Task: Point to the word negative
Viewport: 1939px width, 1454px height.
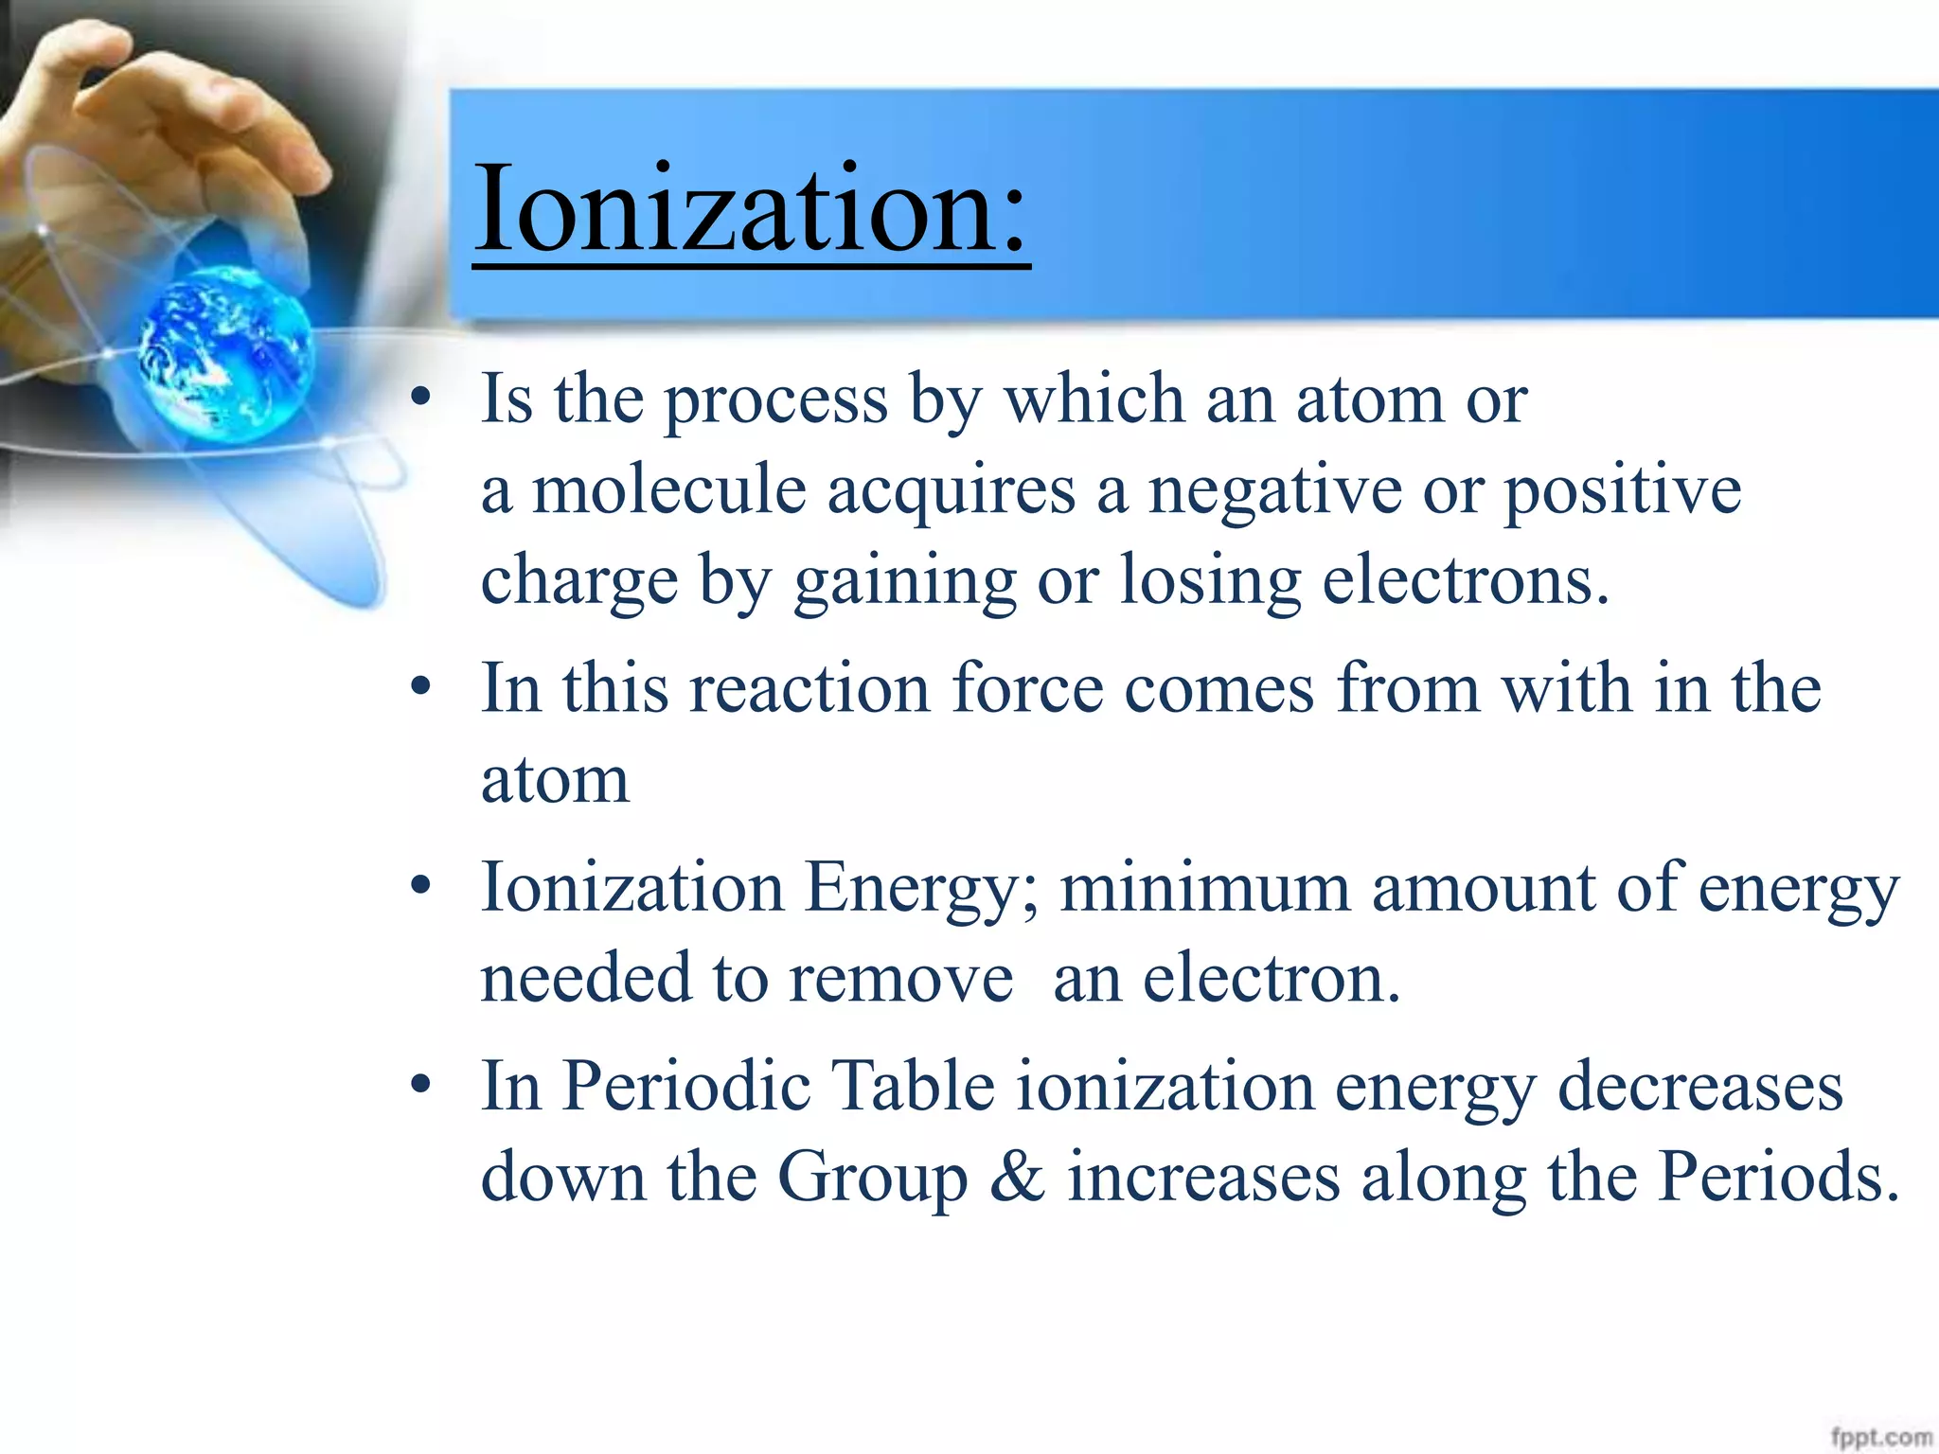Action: coord(1274,492)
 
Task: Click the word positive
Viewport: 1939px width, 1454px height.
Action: coord(1623,492)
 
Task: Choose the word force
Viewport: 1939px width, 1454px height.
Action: coord(1027,687)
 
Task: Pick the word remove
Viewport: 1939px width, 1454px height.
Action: coord(900,979)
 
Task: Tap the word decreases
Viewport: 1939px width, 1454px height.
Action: coord(1699,1087)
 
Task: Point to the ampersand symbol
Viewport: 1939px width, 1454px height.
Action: coord(1017,1177)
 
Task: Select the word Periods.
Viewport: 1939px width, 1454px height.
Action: coord(1777,1177)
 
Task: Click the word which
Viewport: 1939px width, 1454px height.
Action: coord(1094,399)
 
